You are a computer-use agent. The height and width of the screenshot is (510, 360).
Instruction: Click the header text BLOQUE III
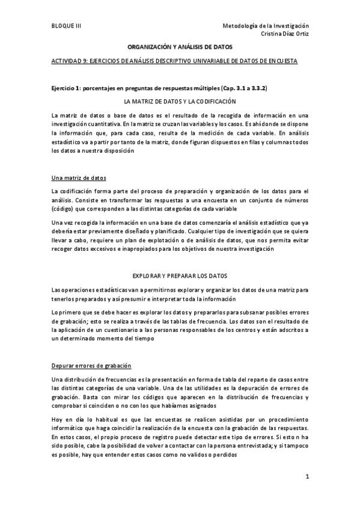point(66,26)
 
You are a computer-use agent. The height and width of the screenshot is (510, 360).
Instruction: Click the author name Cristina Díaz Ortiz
point(285,34)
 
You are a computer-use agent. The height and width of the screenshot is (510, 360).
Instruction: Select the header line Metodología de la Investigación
point(265,26)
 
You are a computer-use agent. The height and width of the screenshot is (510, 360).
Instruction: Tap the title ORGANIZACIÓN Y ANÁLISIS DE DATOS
point(180,46)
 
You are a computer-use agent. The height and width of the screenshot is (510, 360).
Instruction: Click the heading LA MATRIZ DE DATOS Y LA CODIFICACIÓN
point(180,102)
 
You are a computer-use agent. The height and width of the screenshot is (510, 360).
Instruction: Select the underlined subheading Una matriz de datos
point(79,178)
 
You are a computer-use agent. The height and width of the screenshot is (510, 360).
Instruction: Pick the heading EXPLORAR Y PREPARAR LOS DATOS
point(180,276)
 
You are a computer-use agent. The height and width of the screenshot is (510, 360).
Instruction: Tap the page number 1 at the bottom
point(307,478)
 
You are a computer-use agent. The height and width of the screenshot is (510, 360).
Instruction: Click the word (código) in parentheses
point(64,208)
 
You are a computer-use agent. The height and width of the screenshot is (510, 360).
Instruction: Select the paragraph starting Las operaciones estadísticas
point(180,294)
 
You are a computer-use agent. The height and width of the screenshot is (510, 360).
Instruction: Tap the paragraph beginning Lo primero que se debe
point(180,325)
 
